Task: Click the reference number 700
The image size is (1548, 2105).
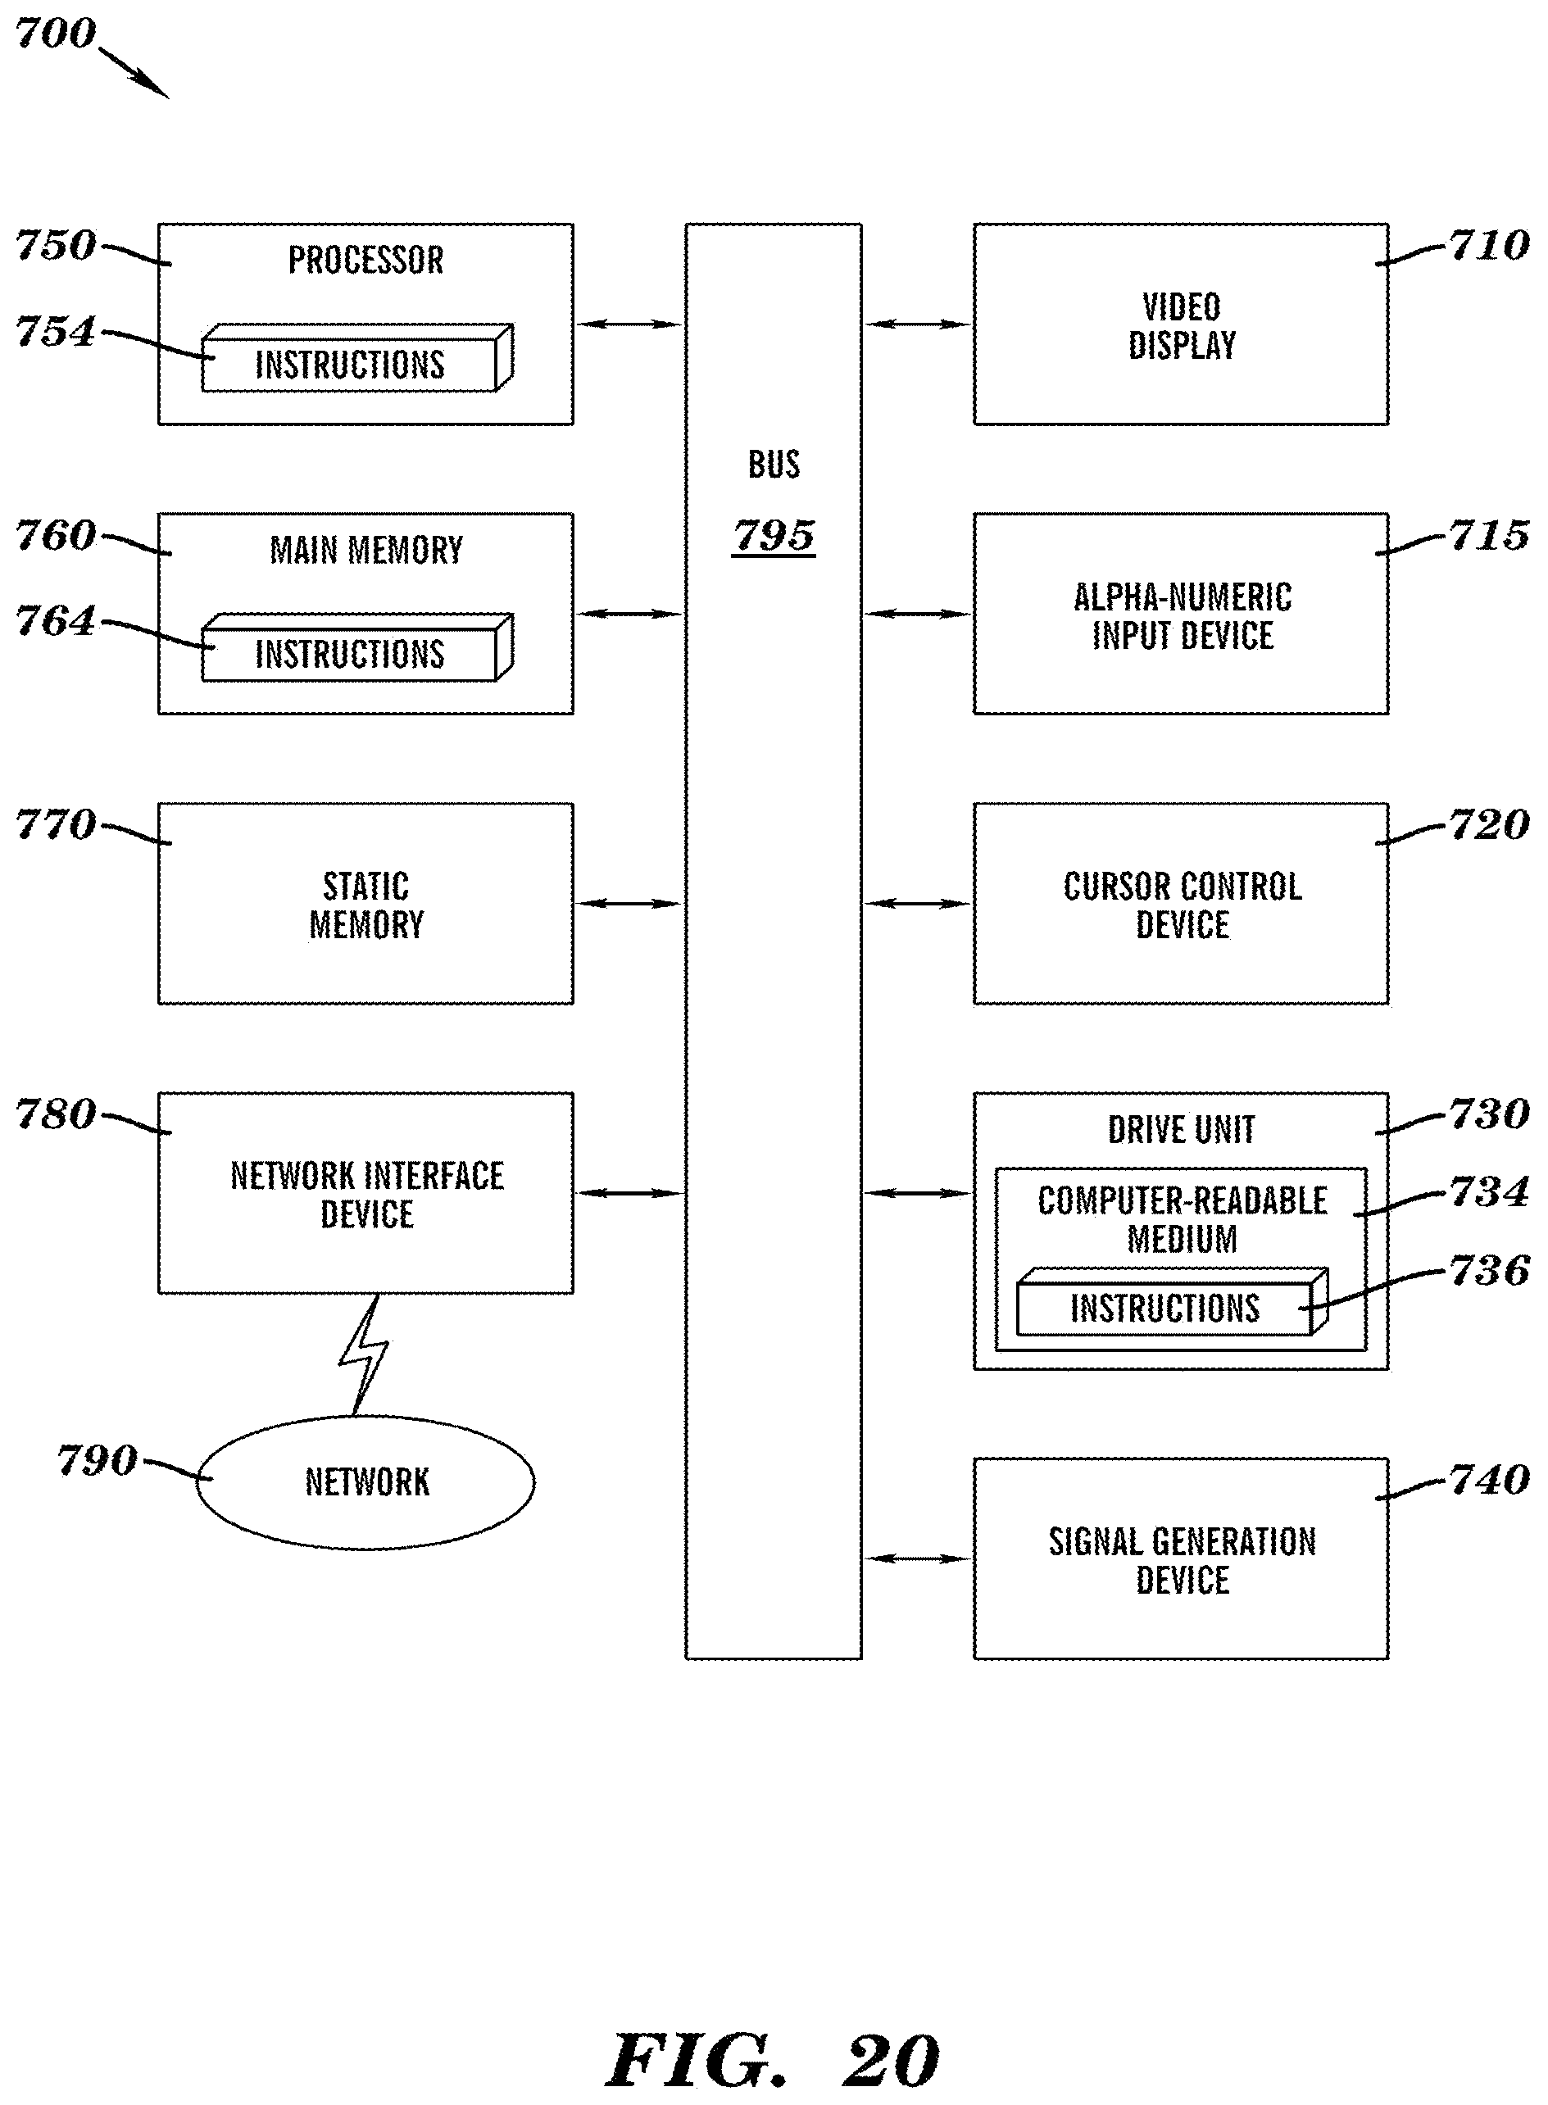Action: tap(55, 34)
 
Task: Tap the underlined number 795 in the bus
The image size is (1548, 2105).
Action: tap(773, 536)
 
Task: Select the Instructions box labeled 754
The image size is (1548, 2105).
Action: tap(351, 365)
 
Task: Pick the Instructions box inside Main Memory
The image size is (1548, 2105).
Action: tap(351, 654)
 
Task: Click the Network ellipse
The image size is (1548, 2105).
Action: tap(365, 1482)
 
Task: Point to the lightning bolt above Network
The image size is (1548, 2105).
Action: tap(365, 1354)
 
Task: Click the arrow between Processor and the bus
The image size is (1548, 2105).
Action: tap(629, 324)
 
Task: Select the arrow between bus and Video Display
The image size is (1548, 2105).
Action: tap(916, 324)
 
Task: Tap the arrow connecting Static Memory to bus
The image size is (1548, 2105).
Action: tap(629, 903)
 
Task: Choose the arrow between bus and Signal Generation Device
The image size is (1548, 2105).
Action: tap(916, 1558)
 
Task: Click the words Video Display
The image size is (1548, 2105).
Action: tap(1182, 326)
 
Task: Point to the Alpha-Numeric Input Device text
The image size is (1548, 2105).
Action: tap(1182, 616)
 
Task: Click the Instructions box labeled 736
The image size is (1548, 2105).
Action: tap(1164, 1309)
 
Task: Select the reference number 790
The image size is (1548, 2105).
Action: tap(98, 1460)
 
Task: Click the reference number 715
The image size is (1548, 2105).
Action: tap(1489, 535)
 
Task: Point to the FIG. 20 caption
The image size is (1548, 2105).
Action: tap(773, 2061)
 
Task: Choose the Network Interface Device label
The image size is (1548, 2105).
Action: tap(366, 1195)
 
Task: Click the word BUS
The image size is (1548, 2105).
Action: tap(773, 465)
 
